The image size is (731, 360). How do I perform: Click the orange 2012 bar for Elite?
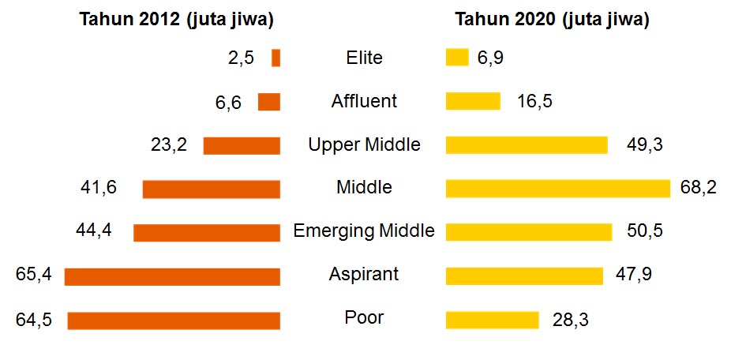(276, 58)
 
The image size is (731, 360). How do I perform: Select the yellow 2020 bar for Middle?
(557, 188)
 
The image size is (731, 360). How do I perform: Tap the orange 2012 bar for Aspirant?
(172, 276)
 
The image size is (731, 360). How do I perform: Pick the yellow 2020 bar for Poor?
(492, 319)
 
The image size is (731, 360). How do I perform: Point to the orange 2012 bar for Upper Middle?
(242, 145)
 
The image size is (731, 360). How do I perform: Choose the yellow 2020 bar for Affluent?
(473, 101)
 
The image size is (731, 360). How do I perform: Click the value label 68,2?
(698, 188)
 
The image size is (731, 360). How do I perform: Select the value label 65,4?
(34, 276)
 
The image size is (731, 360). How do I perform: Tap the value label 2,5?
(240, 58)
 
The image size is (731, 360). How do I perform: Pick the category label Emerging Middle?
(364, 231)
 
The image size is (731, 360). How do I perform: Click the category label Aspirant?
(364, 275)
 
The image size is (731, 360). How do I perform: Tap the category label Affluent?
(364, 101)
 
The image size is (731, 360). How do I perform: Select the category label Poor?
(364, 318)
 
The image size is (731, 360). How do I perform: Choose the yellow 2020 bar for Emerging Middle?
(528, 231)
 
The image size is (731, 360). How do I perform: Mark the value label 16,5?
(534, 101)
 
